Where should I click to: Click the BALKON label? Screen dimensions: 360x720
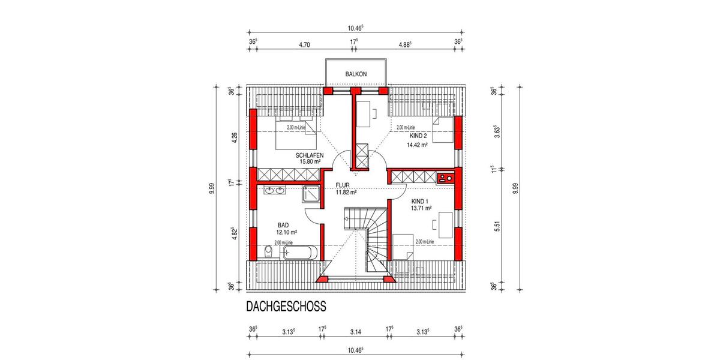pyautogui.click(x=356, y=74)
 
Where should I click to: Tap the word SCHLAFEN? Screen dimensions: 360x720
pyautogui.click(x=310, y=155)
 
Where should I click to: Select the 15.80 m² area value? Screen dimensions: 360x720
pyautogui.click(x=309, y=161)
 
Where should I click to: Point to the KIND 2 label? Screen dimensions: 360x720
pyautogui.click(x=418, y=136)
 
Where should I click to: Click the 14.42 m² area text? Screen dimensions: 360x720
pyautogui.click(x=418, y=145)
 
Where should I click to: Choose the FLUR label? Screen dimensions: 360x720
pyautogui.click(x=343, y=185)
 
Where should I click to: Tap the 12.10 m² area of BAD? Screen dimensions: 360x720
pyautogui.click(x=287, y=232)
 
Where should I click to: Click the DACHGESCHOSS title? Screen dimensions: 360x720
pyautogui.click(x=286, y=307)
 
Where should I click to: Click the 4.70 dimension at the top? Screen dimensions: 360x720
pyautogui.click(x=304, y=44)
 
